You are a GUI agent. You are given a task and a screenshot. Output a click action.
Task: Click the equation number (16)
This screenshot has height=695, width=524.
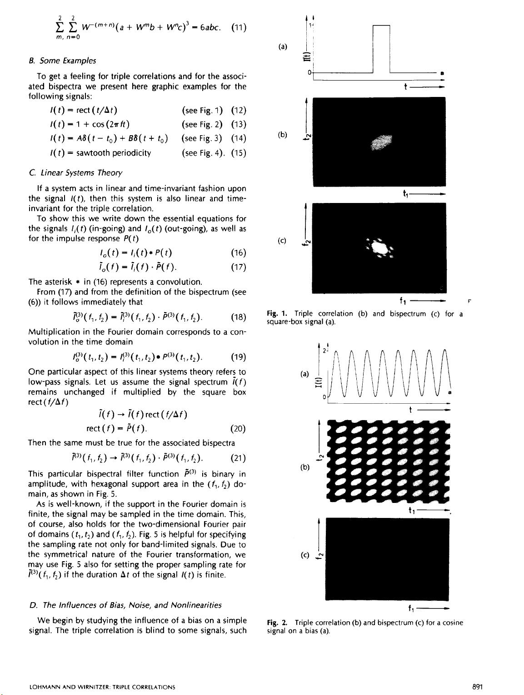pos(239,253)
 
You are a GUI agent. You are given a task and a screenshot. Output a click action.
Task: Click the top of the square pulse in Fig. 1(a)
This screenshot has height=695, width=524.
pos(381,25)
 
